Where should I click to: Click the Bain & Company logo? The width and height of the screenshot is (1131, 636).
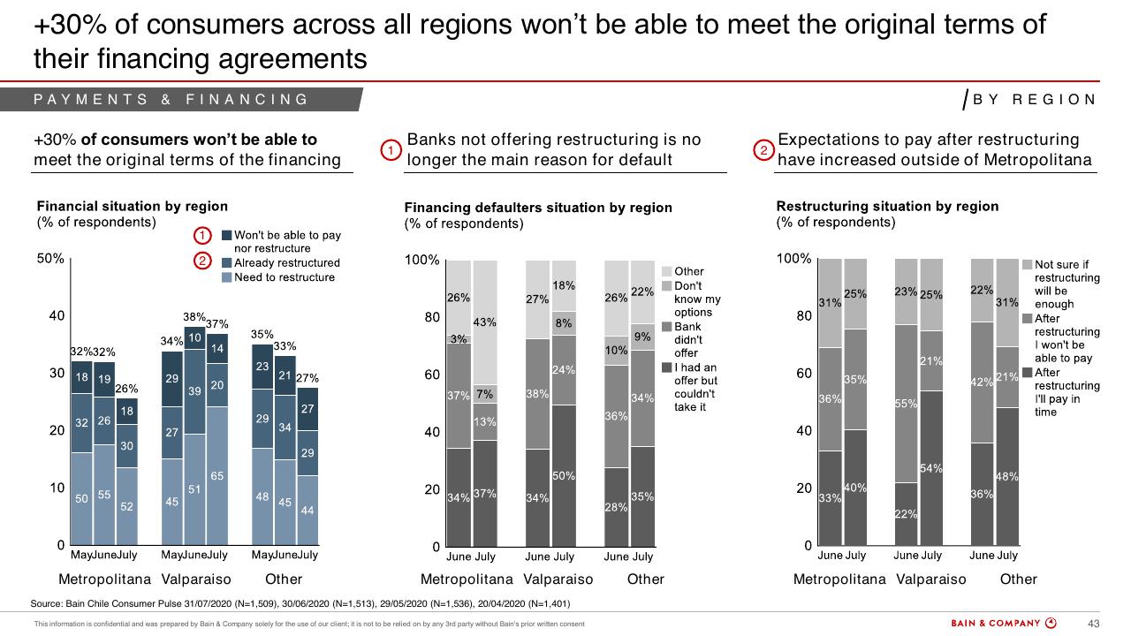point(1003,623)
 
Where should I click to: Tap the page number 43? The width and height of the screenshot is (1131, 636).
point(1093,624)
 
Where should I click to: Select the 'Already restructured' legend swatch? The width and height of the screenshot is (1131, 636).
point(227,263)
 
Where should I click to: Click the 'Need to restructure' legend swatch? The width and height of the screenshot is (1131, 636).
point(227,277)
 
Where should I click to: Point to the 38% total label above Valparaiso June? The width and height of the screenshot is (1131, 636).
point(194,317)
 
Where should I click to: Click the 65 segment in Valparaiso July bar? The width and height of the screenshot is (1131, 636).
point(217,475)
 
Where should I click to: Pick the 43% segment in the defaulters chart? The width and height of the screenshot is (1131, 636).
point(485,322)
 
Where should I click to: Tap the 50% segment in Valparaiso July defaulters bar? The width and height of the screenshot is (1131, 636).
point(564,475)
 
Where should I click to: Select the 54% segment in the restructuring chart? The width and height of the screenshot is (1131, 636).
point(931,468)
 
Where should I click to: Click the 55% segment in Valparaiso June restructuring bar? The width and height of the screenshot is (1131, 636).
point(906,404)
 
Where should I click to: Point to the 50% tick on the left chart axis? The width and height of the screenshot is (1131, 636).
point(50,259)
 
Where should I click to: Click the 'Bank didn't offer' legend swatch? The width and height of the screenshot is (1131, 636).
point(666,327)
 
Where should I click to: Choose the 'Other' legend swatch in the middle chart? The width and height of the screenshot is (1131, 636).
point(666,271)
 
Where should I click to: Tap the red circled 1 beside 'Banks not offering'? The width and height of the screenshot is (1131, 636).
point(391,150)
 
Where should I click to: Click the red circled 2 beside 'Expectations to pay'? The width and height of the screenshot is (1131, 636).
point(763,150)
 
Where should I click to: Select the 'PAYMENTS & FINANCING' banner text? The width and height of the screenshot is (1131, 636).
point(171,100)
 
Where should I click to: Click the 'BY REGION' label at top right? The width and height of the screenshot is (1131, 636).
point(1034,100)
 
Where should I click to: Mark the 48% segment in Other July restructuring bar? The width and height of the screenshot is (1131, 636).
point(1006,476)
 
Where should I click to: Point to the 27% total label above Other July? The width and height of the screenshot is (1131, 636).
point(307,378)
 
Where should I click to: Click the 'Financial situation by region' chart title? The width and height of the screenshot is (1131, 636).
point(133,206)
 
